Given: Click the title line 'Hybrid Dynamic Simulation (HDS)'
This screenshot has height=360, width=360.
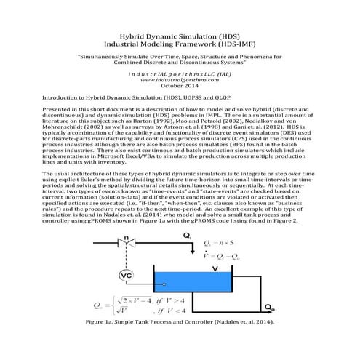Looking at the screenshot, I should tap(180, 35).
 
